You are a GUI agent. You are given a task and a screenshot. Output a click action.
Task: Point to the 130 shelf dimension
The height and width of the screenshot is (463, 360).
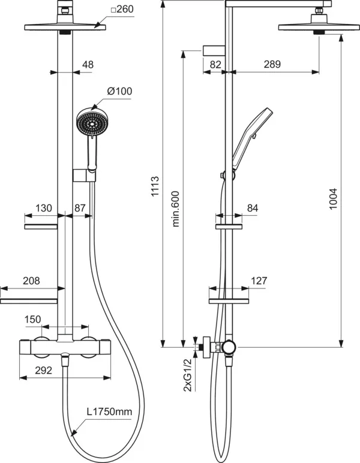[x=44, y=208]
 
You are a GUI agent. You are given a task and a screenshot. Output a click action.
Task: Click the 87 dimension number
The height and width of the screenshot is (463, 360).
[x=80, y=208]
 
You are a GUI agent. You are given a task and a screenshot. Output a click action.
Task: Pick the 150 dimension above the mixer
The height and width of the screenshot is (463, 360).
[x=33, y=319]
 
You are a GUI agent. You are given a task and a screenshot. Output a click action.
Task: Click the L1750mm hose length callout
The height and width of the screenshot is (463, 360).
[x=109, y=413]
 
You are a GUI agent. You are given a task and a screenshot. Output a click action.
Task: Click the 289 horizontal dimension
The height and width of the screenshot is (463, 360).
[x=272, y=65]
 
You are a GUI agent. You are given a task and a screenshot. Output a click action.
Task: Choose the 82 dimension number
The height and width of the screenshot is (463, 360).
[x=216, y=65]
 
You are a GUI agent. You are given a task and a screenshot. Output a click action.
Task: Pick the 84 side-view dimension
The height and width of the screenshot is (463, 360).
[x=253, y=208]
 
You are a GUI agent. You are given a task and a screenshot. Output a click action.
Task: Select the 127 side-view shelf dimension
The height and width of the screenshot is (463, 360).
[x=259, y=280]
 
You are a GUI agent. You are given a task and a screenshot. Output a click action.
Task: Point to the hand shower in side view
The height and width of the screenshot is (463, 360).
[x=249, y=135]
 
